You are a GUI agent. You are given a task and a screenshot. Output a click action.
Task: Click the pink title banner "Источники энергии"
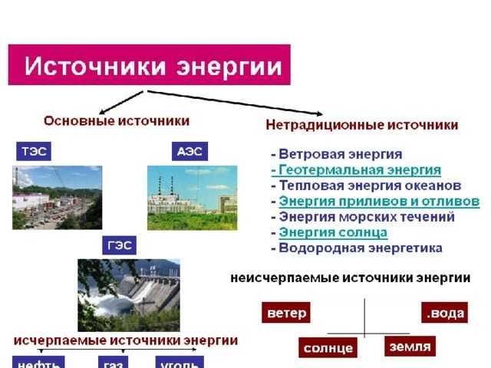point(149,64)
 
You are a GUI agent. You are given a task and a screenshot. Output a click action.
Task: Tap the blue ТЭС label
point(34,152)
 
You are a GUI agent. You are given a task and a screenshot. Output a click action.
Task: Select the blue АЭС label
point(189,152)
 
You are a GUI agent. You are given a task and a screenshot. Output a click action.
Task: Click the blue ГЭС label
point(120,245)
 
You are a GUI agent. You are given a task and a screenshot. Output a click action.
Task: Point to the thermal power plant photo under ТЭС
point(58,198)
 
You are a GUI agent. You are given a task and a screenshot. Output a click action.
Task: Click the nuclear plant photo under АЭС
point(193,198)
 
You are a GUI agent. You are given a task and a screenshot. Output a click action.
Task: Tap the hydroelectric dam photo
point(129,295)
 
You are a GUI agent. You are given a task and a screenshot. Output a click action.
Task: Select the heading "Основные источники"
point(117,121)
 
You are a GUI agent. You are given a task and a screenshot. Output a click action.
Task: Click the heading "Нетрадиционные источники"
point(362,125)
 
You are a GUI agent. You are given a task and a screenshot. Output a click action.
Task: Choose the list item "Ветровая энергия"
point(341,154)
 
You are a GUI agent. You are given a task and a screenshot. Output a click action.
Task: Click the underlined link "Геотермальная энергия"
point(360,170)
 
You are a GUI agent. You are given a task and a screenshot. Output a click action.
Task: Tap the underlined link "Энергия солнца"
point(333,232)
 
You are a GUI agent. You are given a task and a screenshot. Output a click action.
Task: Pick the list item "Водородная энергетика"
point(361,248)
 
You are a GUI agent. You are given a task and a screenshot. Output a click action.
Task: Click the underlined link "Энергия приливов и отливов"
point(379,201)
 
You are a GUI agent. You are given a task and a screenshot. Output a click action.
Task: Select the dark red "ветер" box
point(286,312)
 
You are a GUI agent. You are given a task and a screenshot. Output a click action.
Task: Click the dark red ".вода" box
point(445,312)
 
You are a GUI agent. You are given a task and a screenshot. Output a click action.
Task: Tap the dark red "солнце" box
point(328,347)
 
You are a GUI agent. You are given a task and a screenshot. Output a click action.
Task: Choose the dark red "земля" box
point(410,346)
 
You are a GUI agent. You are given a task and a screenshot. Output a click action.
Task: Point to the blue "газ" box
point(113,363)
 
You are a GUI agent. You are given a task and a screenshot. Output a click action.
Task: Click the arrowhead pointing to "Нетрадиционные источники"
point(319,113)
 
